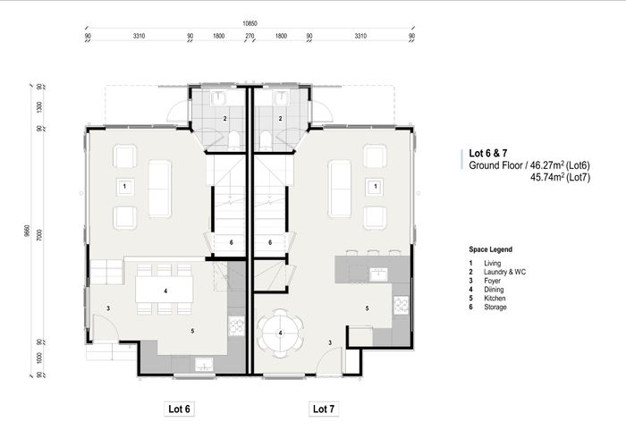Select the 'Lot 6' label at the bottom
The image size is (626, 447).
(180, 409)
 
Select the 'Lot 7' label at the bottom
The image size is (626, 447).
(323, 409)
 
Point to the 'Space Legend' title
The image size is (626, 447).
(490, 249)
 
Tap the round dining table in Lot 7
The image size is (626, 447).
(280, 333)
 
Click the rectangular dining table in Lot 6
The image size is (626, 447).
(166, 291)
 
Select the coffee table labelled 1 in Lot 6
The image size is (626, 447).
(124, 186)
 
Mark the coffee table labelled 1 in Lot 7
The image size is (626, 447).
(376, 186)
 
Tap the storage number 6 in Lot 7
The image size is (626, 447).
(270, 242)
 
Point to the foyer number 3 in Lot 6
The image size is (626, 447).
(107, 308)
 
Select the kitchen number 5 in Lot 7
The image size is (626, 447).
(367, 308)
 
